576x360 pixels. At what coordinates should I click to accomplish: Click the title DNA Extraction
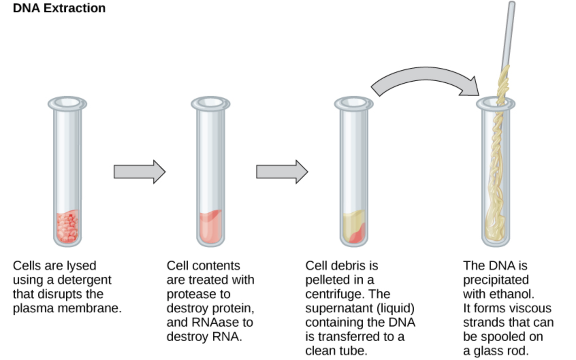(x=59, y=8)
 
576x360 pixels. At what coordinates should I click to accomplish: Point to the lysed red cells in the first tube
(x=67, y=227)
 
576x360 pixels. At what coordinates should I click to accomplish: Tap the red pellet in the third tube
(x=357, y=235)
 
